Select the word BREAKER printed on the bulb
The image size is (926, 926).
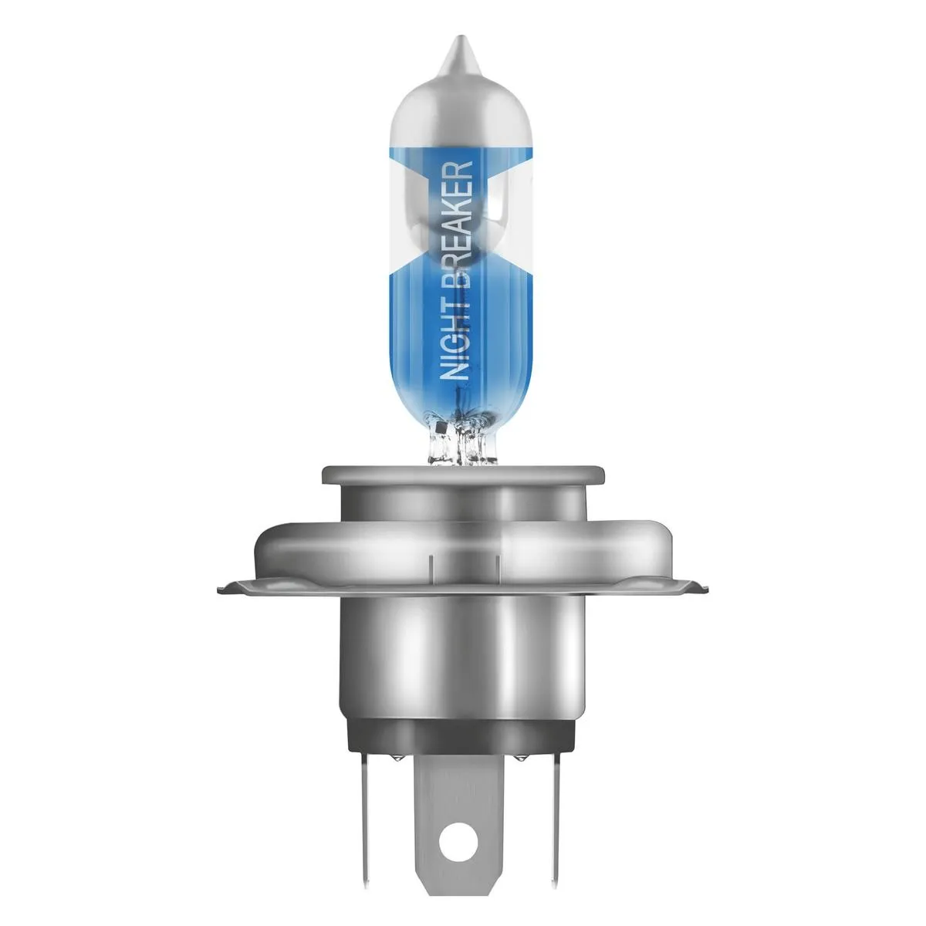457,220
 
